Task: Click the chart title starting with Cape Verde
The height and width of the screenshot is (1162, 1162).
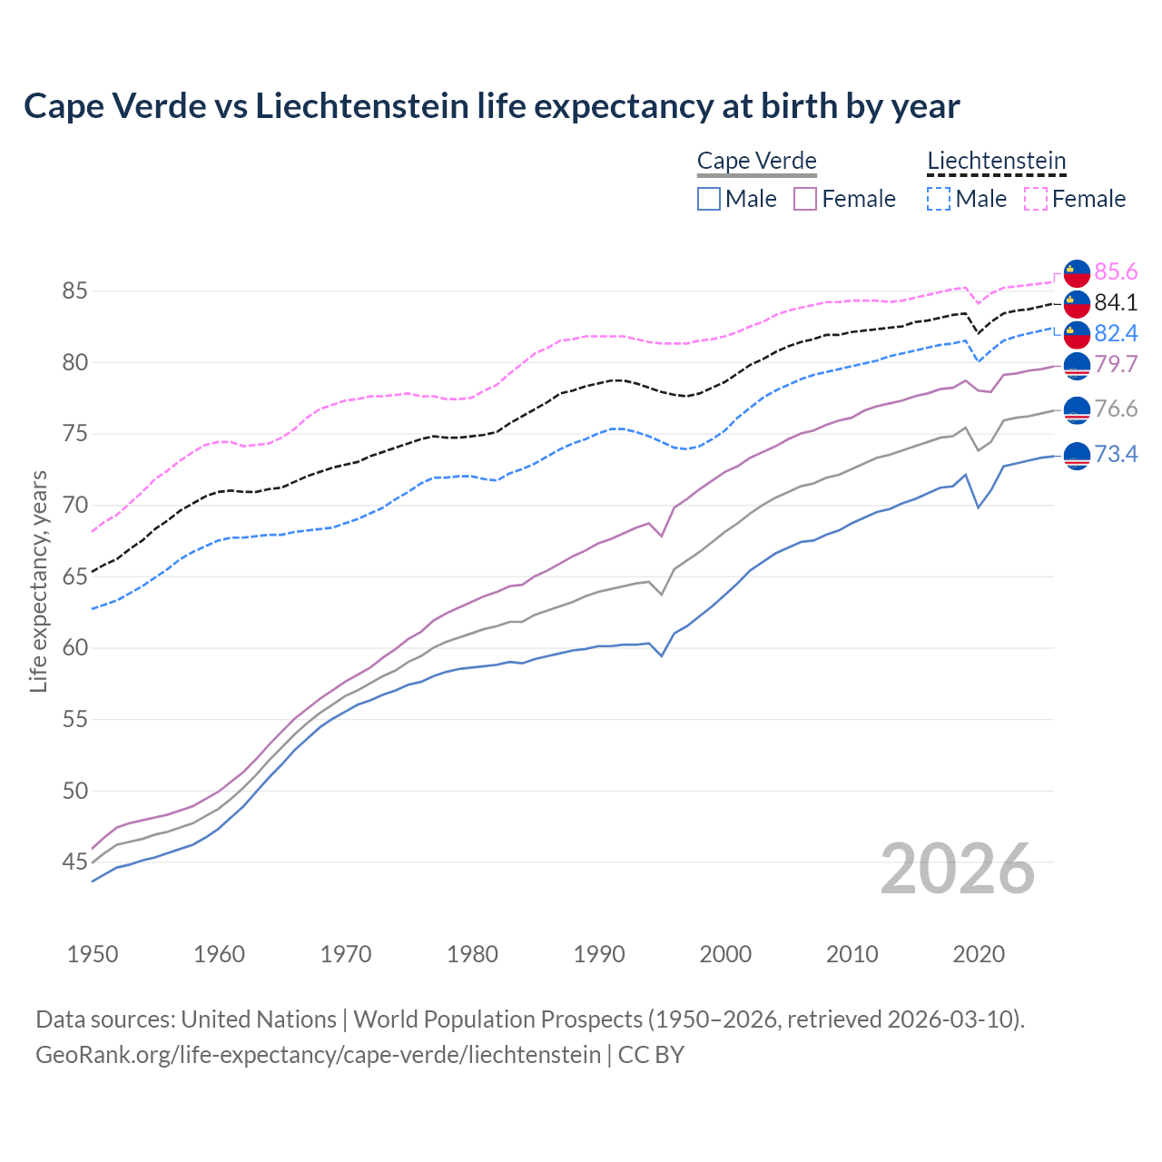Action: pyautogui.click(x=491, y=106)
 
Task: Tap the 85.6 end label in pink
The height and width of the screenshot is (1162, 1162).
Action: pyautogui.click(x=1116, y=272)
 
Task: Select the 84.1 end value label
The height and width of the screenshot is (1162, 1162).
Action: pyautogui.click(x=1116, y=302)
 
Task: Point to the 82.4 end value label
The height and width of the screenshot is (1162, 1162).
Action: pyautogui.click(x=1116, y=333)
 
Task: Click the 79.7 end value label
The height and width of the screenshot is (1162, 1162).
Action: pyautogui.click(x=1116, y=364)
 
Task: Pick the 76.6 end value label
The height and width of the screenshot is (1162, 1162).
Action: pyautogui.click(x=1116, y=409)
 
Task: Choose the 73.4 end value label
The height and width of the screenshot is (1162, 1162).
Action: pyautogui.click(x=1116, y=454)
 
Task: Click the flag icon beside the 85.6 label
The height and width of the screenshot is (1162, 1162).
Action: pyautogui.click(x=1076, y=272)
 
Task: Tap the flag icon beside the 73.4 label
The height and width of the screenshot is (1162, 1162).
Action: pyautogui.click(x=1076, y=455)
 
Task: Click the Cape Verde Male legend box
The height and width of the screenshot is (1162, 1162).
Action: pyautogui.click(x=709, y=199)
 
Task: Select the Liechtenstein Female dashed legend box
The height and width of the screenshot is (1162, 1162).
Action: pyautogui.click(x=1036, y=199)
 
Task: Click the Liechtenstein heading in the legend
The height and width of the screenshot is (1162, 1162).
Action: pyautogui.click(x=996, y=161)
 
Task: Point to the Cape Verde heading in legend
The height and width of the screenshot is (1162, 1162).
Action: pyautogui.click(x=757, y=161)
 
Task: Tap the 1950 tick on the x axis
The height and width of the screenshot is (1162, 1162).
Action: pyautogui.click(x=93, y=954)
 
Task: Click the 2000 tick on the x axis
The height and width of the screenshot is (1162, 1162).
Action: pyautogui.click(x=725, y=954)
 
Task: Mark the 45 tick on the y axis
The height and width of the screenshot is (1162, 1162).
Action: pyautogui.click(x=74, y=862)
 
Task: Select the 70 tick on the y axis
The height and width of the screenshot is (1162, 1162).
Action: pyautogui.click(x=74, y=505)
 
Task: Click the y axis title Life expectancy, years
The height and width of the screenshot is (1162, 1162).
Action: pyautogui.click(x=39, y=581)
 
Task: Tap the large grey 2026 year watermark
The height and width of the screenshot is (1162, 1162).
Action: pyautogui.click(x=958, y=869)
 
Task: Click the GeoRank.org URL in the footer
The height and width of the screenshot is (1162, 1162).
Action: pyautogui.click(x=318, y=1055)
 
